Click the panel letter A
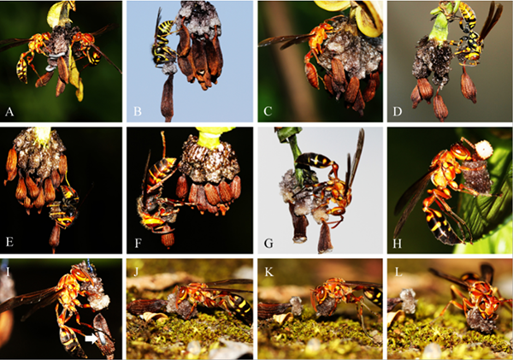tap(9, 112)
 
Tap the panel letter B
tap(138, 112)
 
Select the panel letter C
tap(268, 112)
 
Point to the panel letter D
tap(398, 112)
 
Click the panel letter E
tap(9, 242)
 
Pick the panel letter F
tap(138, 243)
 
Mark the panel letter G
tap(268, 243)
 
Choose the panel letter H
tap(398, 243)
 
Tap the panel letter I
tap(5, 264)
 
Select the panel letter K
tap(269, 271)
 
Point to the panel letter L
tap(398, 271)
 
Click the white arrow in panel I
tap(91, 339)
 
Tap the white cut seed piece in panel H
tap(484, 150)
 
